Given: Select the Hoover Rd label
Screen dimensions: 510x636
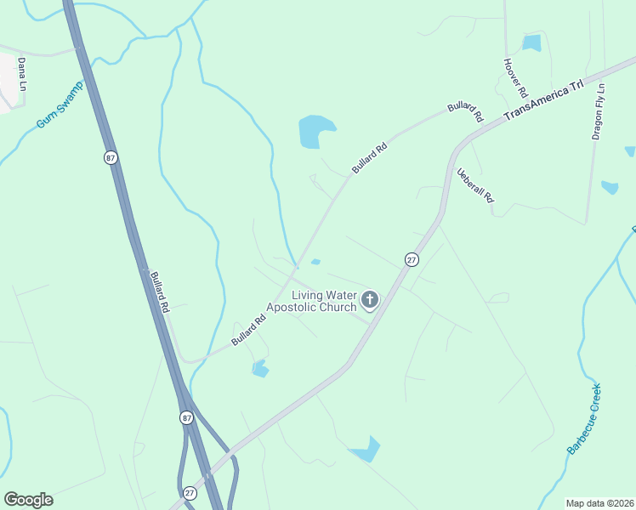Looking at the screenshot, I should tap(516, 77).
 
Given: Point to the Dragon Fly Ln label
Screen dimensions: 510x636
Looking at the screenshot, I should tap(598, 111).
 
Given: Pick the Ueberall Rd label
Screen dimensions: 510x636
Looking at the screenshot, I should tap(475, 184).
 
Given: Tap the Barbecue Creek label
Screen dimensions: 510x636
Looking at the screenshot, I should tap(585, 417).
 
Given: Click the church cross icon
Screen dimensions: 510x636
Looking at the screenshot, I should tap(369, 299).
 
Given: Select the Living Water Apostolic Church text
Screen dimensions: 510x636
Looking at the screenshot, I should tap(313, 301).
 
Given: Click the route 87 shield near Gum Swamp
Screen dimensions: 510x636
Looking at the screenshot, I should tap(111, 157).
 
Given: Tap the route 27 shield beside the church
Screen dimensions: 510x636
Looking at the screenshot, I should tap(412, 260).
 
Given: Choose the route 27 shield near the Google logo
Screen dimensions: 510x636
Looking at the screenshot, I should tap(190, 493).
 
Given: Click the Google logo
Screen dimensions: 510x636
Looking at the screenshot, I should tap(28, 500).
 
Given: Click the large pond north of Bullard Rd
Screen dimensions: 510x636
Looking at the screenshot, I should tap(315, 132).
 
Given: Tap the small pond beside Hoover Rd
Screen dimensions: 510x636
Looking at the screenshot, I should tap(532, 42).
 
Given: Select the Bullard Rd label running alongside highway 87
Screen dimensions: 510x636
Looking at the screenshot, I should tap(160, 291).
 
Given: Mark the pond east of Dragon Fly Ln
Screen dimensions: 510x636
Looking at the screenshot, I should tap(609, 187).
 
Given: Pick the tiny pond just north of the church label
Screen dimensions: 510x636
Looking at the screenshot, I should tap(315, 262).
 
